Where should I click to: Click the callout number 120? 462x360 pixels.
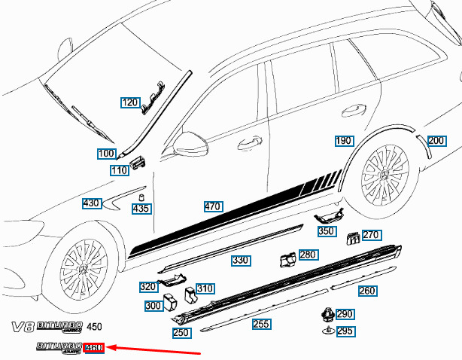[130, 102]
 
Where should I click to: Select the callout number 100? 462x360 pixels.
[106, 154]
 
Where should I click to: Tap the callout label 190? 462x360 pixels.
[343, 141]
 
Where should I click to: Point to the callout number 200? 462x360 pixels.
[436, 141]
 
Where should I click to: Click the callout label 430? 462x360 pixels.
[91, 203]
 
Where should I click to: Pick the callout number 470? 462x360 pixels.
[212, 206]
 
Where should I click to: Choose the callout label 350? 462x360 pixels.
[326, 232]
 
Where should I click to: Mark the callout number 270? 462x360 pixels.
[370, 235]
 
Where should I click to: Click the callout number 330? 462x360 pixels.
[240, 261]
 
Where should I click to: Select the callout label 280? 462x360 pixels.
[308, 255]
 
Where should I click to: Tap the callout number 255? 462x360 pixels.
[260, 324]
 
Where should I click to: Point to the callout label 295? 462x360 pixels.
[345, 331]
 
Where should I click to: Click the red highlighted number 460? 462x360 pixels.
[94, 348]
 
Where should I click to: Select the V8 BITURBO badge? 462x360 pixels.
[46, 328]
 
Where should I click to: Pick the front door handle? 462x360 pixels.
[246, 143]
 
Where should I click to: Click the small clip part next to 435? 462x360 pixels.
[140, 197]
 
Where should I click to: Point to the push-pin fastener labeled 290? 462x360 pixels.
[327, 314]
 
